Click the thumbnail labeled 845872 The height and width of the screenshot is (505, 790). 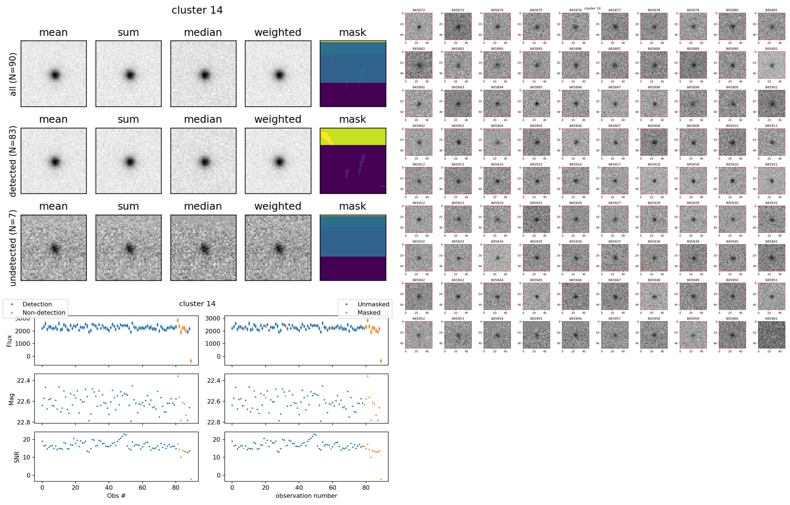coord(419,26)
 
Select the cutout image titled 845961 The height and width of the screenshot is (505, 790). coord(771,335)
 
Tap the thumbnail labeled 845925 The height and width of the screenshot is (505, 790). coord(536,219)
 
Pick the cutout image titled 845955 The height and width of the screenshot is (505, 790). coord(536,335)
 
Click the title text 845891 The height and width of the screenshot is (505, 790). coord(771,49)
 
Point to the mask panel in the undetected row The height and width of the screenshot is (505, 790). coord(353,248)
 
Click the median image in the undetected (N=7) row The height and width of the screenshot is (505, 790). coord(203,248)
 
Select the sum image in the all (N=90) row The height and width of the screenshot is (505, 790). coord(128,74)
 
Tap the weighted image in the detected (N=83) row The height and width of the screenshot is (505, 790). coord(278,161)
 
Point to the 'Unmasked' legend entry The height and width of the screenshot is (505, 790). coord(373,304)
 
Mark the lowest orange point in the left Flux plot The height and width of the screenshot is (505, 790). coord(191,361)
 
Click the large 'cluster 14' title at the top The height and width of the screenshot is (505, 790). coord(197,10)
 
